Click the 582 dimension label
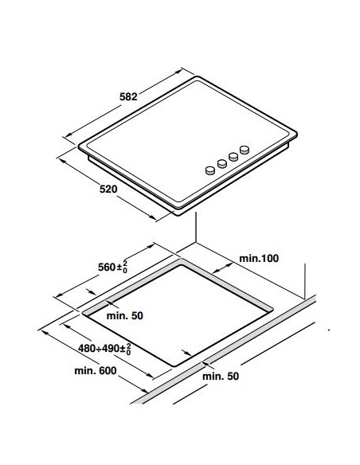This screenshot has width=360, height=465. coord(128,96)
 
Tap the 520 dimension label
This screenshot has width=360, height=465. coord(108,189)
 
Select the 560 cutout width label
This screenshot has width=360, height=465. coord(112,267)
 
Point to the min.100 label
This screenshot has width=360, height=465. coord(259,258)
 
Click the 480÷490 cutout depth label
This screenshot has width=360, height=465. coord(104,349)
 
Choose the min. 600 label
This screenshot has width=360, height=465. coord(96,371)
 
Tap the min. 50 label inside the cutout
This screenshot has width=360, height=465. coord(124,315)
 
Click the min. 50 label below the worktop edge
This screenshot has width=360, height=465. coord(221,376)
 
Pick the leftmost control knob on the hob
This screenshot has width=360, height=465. coord(210,170)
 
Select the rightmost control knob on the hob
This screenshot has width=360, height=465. coord(245,150)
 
